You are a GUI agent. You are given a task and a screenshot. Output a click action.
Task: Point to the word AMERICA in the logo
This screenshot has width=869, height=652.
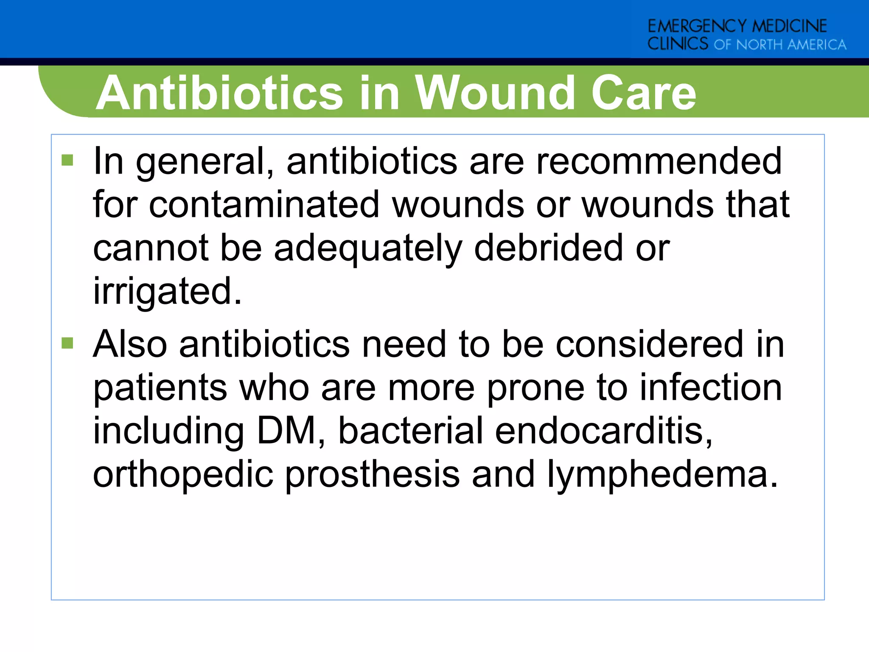click(816, 45)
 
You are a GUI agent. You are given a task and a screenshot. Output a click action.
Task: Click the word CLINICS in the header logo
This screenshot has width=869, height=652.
click(678, 44)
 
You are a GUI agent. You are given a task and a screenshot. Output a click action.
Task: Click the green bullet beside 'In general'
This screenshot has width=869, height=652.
click(67, 160)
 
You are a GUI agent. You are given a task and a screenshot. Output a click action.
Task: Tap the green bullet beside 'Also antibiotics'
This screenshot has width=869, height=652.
click(67, 343)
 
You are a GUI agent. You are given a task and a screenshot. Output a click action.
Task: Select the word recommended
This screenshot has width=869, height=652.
click(659, 161)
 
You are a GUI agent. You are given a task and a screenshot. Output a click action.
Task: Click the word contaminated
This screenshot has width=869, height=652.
click(264, 205)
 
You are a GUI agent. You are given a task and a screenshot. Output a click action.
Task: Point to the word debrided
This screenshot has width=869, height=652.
click(549, 248)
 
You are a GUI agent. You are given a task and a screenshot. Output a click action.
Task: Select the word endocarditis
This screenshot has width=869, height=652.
click(604, 431)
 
